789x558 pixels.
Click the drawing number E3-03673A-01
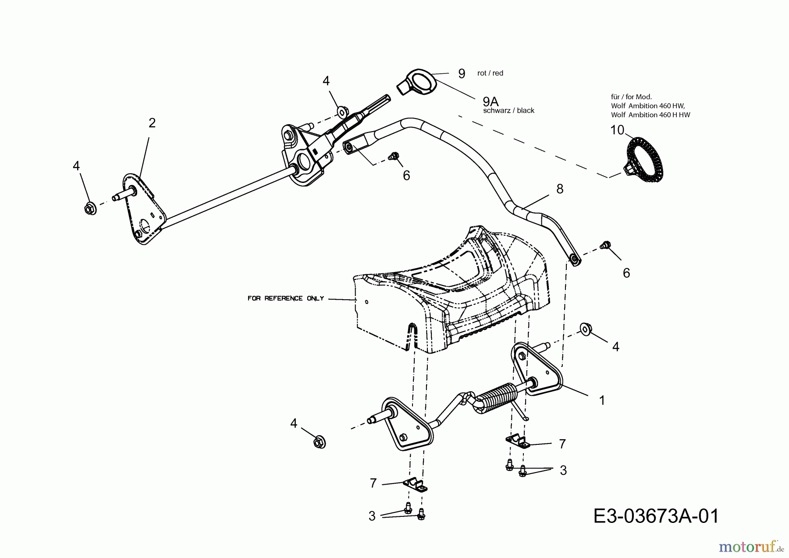tap(656, 516)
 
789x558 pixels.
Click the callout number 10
tap(617, 130)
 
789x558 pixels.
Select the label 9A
tap(490, 102)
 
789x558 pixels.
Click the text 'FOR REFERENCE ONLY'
tap(285, 298)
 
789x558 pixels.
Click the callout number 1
tap(602, 400)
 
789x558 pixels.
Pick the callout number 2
tap(152, 123)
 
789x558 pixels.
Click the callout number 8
tap(559, 189)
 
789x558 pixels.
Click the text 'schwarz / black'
tap(508, 111)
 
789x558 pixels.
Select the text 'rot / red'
tap(490, 73)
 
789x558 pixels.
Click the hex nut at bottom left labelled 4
tap(320, 442)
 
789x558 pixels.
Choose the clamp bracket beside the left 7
tap(415, 485)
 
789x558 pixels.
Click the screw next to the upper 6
tap(394, 156)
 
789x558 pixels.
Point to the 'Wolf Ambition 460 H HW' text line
tap(650, 115)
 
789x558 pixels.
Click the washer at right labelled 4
tap(584, 329)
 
